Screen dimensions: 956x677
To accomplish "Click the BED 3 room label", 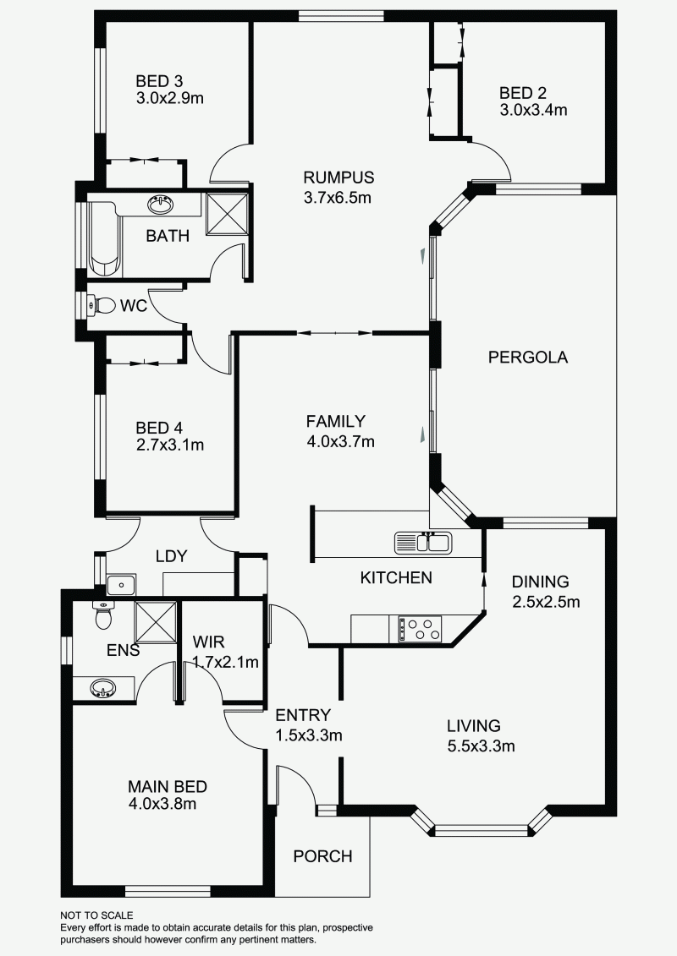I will [159, 81].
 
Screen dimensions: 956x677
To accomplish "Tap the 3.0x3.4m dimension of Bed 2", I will [532, 110].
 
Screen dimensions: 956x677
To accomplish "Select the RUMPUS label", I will [338, 178].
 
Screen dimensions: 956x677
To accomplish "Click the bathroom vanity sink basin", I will [160, 205].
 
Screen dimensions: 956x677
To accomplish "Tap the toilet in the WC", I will [104, 305].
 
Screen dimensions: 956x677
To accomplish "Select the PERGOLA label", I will [528, 358].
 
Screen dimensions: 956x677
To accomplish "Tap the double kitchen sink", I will [423, 542].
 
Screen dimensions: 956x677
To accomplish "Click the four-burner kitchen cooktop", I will [421, 629].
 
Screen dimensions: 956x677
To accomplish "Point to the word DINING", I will [540, 582].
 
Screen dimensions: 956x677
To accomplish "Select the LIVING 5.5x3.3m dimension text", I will [481, 746].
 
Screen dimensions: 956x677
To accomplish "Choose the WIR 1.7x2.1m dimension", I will [224, 663].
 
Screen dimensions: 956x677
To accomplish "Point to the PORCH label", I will [322, 856].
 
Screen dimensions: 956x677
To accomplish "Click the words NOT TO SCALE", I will [96, 915].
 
